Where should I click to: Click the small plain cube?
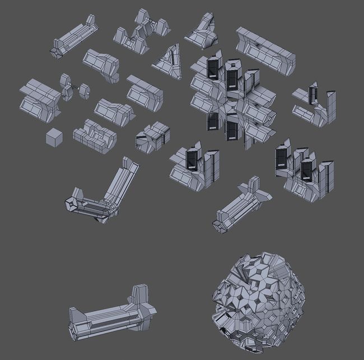tap(54, 137)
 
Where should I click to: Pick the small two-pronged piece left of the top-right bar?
tap(202, 31)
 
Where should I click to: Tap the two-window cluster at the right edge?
tap(302, 171)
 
